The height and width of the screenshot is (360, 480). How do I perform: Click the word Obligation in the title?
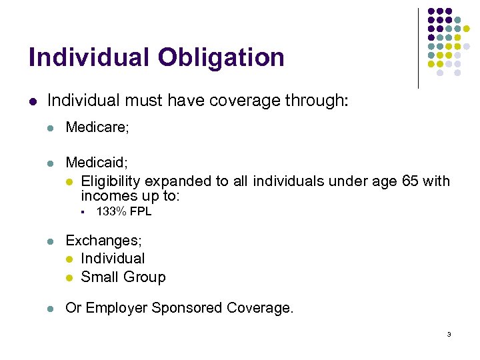[221, 57]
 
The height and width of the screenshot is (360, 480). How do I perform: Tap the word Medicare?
[96, 127]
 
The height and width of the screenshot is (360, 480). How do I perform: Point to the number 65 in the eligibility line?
[411, 181]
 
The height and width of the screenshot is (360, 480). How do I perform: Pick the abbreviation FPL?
[141, 211]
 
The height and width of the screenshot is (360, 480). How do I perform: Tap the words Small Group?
[123, 277]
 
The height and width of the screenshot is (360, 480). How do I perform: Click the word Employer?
[116, 308]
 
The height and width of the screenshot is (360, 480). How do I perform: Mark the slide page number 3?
[449, 334]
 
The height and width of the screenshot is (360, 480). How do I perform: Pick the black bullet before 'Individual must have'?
[33, 101]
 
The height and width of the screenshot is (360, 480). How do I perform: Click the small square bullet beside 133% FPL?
[79, 212]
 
